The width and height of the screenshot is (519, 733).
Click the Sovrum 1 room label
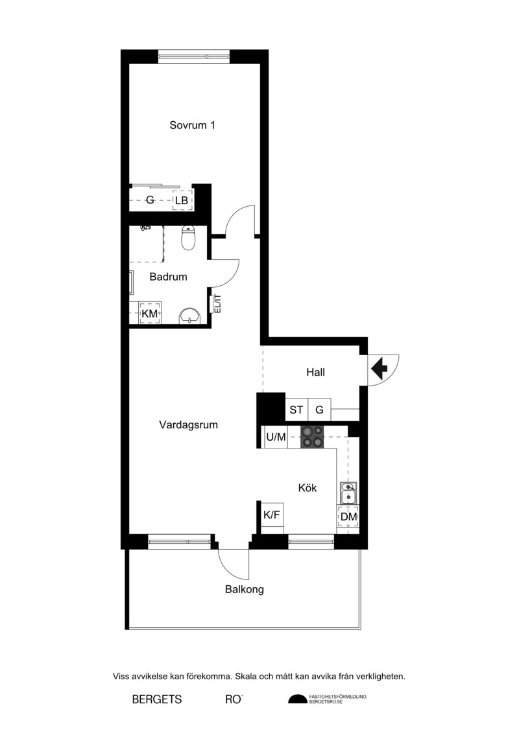[x=192, y=125]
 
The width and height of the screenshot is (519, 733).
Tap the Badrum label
[x=168, y=277]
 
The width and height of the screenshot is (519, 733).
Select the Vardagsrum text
[x=188, y=425]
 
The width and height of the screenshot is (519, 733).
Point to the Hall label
[x=315, y=373]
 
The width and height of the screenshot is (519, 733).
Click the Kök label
[x=308, y=488]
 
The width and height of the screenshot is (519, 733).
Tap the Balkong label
[x=245, y=590]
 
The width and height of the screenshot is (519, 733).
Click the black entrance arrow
[x=380, y=368]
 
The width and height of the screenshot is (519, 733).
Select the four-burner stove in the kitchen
[x=311, y=437]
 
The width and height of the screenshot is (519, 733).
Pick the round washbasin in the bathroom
[x=189, y=316]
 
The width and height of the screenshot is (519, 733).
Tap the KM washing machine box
[x=150, y=313]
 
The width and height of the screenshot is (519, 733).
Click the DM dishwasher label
[x=348, y=517]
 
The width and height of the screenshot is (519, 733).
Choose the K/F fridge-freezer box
[x=272, y=515]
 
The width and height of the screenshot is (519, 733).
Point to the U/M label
[x=276, y=437]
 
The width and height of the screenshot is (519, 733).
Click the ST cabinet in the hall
[x=296, y=410]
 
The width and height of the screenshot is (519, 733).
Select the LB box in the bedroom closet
[x=182, y=200]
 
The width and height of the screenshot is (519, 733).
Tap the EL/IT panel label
[x=217, y=303]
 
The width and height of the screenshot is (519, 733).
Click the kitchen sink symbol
[x=348, y=493]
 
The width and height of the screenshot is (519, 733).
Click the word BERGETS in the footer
[x=157, y=699]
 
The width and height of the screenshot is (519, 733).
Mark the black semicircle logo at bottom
[x=297, y=699]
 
